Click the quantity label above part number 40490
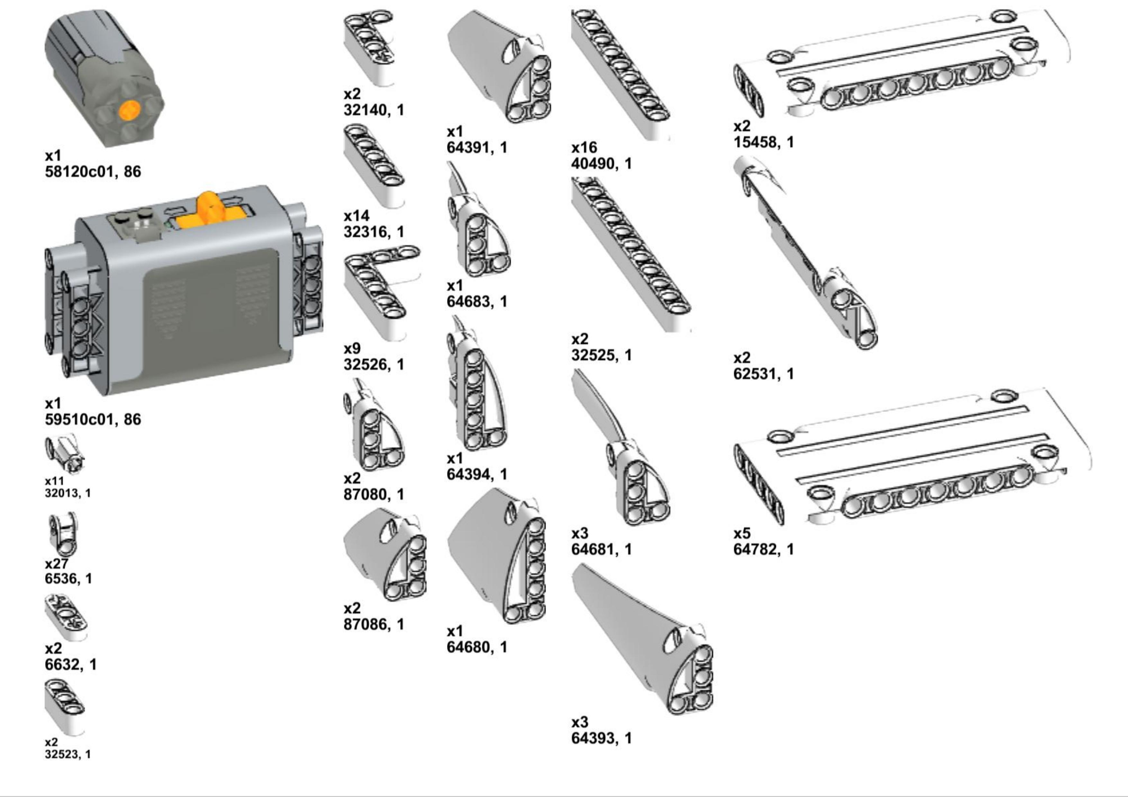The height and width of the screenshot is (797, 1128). point(584,147)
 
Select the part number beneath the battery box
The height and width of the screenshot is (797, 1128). point(93,419)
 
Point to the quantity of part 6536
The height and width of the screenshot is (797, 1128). point(57,563)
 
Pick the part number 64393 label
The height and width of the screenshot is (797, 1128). point(601,738)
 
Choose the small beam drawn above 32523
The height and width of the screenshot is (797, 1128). point(64,707)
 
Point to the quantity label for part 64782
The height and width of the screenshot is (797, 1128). point(742,533)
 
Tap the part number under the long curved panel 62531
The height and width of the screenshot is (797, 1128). point(763,374)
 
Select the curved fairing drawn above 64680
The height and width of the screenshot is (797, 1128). point(496,555)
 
